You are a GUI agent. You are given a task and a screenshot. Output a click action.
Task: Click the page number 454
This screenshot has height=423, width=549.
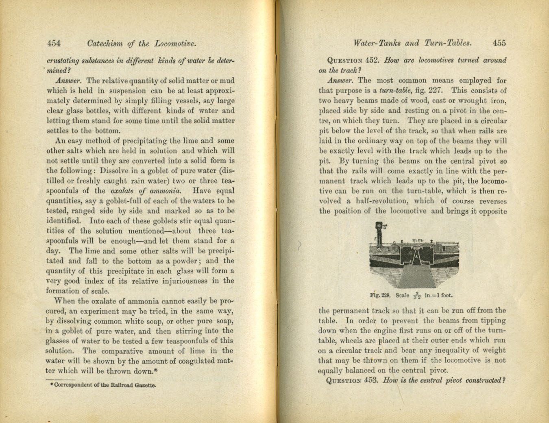pos(54,43)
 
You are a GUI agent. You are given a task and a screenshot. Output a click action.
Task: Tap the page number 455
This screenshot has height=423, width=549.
pos(499,43)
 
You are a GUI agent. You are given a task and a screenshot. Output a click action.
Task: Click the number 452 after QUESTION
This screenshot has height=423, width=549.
pos(372,60)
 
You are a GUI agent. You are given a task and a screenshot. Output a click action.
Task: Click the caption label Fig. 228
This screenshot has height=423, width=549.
pos(380,295)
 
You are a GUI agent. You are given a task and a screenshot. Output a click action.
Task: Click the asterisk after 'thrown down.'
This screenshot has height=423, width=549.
pos(156,370)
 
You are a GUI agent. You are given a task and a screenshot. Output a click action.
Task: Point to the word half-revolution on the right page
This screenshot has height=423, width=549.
pos(381,201)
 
